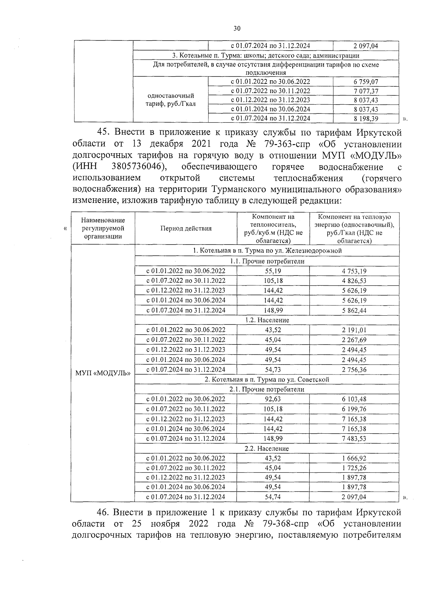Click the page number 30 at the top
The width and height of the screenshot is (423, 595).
coord(237,29)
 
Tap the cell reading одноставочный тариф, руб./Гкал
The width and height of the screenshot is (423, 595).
coord(171,100)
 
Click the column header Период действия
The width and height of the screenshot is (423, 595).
coord(186,228)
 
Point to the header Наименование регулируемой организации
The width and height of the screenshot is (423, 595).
coord(103,228)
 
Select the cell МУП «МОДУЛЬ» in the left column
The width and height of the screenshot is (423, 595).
coord(103,373)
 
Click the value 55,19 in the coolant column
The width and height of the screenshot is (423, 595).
coord(273,271)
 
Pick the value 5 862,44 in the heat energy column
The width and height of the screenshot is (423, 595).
coord(354,310)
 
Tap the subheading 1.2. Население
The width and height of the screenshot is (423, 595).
coord(267,320)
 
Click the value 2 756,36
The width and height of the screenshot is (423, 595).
coord(354,370)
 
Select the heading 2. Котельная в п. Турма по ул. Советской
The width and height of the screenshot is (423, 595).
coord(267,379)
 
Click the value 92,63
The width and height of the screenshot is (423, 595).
coord(273,399)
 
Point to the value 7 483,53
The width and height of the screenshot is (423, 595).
coord(354,439)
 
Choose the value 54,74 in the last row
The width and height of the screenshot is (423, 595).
coord(273,497)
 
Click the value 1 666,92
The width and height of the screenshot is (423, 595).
coord(354,458)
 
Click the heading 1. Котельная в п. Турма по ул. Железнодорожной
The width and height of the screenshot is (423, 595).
coord(267,251)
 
